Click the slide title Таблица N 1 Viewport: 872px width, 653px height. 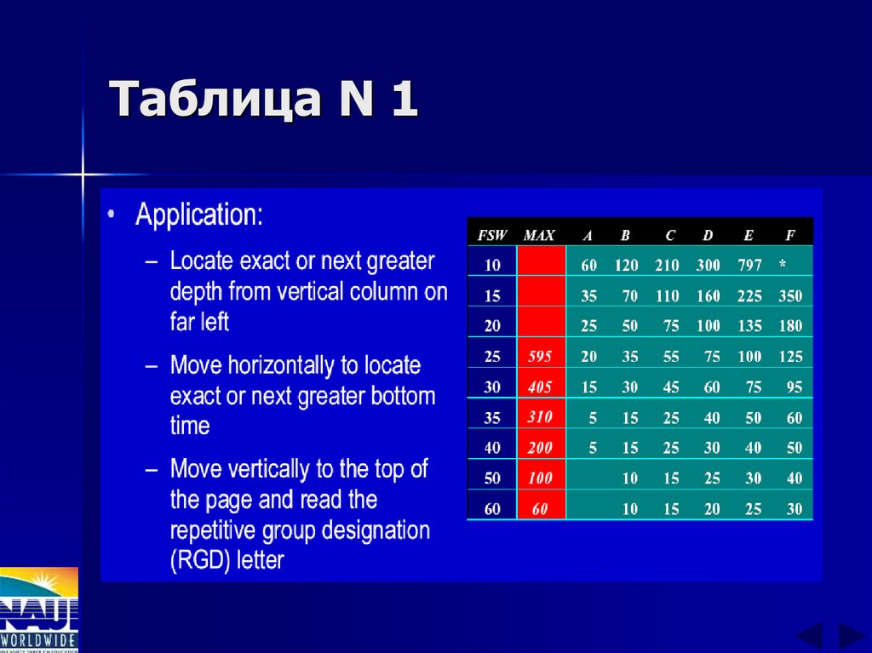click(264, 100)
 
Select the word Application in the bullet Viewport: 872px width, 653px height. click(198, 215)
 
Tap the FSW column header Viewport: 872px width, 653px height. click(492, 235)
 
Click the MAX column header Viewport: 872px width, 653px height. click(540, 235)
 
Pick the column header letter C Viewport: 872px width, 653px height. click(671, 235)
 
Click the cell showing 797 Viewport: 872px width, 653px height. click(749, 265)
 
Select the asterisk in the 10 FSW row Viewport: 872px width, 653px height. click(783, 265)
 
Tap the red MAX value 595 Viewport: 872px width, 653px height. click(540, 356)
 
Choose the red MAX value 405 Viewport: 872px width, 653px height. click(540, 387)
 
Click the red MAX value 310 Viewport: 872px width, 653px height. click(540, 417)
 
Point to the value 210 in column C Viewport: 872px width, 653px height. click(667, 265)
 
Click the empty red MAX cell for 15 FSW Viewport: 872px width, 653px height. click(541, 295)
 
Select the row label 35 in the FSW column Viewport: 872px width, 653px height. click(492, 417)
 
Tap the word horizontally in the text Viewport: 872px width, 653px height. click(274, 366)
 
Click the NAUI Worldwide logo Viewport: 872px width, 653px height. click(38, 610)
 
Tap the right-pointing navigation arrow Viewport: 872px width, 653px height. click(851, 636)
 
